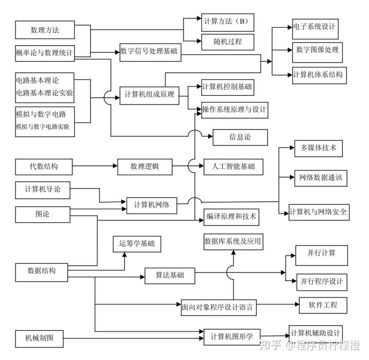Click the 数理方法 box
click(45, 30)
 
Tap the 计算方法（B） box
click(226, 22)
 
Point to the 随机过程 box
click(226, 41)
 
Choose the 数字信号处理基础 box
click(149, 52)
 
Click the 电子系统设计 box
click(314, 26)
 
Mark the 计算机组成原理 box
click(149, 95)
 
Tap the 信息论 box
click(233, 137)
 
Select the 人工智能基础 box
click(233, 166)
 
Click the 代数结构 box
click(44, 166)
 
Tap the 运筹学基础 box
click(136, 244)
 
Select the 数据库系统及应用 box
click(233, 241)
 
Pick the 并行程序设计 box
click(321, 282)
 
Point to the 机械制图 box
click(44, 337)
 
